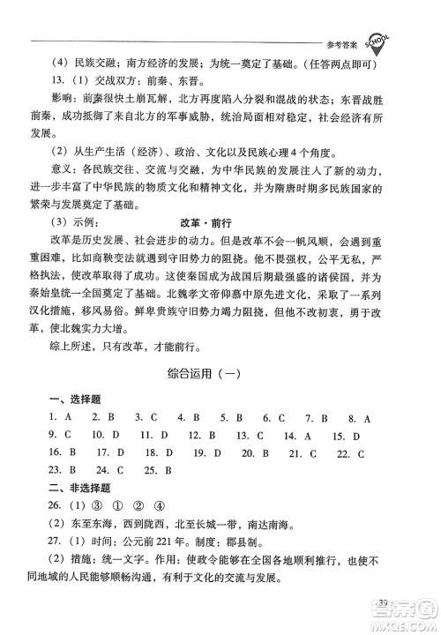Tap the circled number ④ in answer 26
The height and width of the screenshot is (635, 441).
coord(159,506)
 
